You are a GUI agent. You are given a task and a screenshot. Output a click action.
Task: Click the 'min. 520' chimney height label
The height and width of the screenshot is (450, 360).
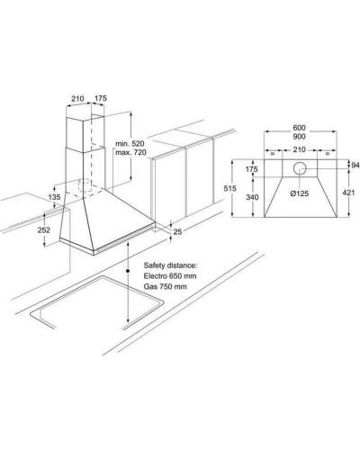(130, 143)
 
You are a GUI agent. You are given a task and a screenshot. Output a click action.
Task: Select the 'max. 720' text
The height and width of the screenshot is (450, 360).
(130, 152)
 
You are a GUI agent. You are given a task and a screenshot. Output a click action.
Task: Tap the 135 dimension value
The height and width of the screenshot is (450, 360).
(54, 197)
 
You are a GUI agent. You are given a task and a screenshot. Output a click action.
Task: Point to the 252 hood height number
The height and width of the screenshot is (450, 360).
(44, 230)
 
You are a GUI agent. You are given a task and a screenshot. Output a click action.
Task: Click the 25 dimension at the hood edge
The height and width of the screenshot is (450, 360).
(177, 231)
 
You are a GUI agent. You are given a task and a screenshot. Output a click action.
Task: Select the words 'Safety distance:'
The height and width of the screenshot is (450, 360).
(170, 265)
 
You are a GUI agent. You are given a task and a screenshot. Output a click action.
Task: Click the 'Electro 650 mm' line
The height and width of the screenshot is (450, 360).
(170, 275)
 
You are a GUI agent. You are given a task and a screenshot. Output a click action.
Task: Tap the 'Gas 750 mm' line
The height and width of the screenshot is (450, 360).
(165, 286)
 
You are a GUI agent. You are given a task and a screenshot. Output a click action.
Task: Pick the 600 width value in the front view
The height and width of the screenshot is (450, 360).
(299, 128)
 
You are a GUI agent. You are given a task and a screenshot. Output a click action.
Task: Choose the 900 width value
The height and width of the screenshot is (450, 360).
(299, 137)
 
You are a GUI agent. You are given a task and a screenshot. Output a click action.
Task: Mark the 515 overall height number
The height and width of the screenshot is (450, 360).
(229, 188)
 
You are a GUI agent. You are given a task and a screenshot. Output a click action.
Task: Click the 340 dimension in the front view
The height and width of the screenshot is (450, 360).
(252, 197)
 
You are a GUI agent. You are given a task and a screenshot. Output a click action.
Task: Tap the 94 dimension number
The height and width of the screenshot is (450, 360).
(355, 165)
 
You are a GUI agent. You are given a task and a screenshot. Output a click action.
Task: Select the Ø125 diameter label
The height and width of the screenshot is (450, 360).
(300, 193)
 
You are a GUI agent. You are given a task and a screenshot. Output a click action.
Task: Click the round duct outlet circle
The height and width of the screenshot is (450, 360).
(300, 168)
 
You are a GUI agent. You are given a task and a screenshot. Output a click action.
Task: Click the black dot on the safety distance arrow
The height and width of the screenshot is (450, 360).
(128, 271)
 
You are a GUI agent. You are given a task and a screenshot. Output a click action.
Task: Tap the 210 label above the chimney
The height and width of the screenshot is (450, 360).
(77, 98)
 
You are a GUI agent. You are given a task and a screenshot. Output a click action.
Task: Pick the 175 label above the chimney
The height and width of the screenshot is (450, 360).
(101, 98)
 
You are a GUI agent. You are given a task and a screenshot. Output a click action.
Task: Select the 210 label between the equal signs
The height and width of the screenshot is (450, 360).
(299, 149)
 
